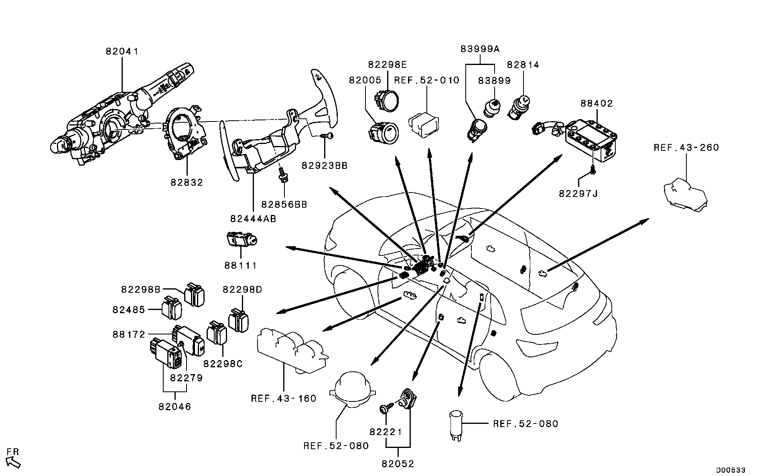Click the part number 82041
(122, 52)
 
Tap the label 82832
(187, 182)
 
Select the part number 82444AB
(253, 219)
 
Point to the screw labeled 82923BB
(327, 136)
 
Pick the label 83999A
(480, 49)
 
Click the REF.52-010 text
(426, 80)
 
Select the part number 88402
(597, 103)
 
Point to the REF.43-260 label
(686, 148)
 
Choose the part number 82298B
(140, 289)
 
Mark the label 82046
(175, 407)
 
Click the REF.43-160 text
(284, 399)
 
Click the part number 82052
(398, 464)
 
